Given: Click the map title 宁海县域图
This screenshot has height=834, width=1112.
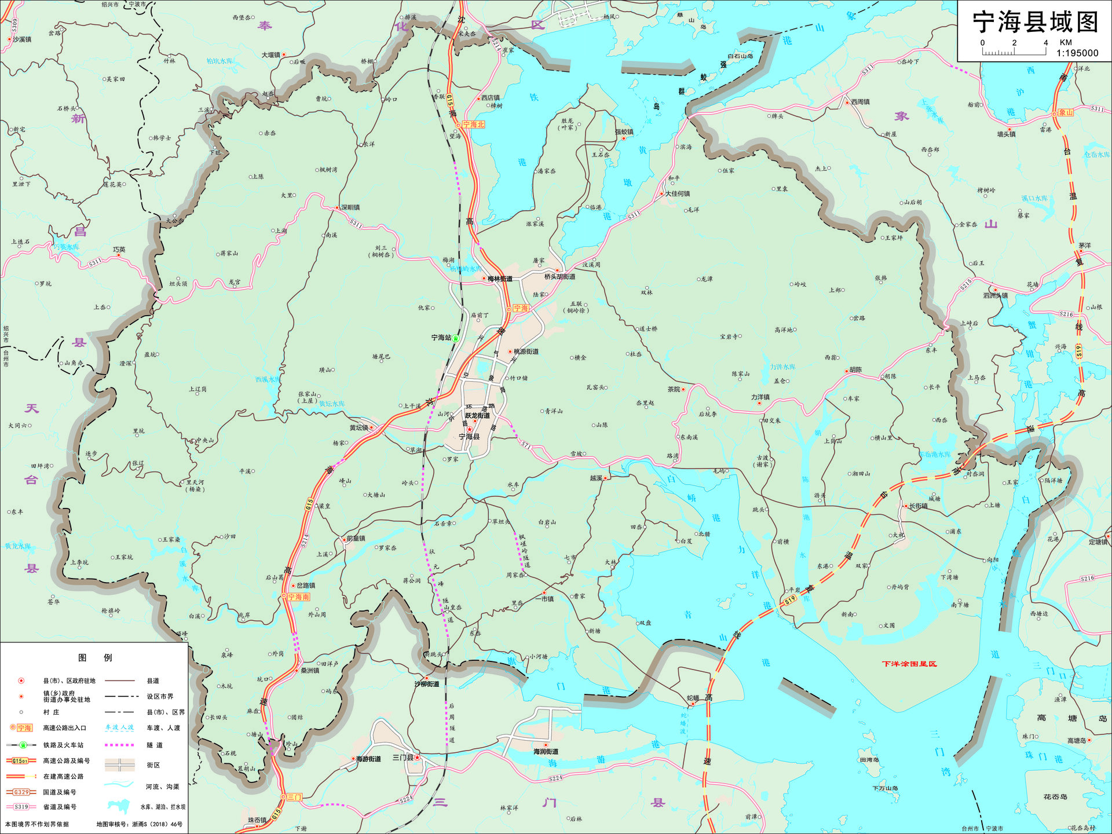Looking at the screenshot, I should pyautogui.click(x=1034, y=22).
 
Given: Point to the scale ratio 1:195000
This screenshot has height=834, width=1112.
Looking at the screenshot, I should pyautogui.click(x=1077, y=53).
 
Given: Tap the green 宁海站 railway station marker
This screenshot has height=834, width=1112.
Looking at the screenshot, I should pyautogui.click(x=456, y=338).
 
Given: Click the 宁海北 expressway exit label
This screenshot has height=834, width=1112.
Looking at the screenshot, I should pyautogui.click(x=473, y=125).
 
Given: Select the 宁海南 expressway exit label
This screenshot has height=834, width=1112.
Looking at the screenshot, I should pyautogui.click(x=298, y=597).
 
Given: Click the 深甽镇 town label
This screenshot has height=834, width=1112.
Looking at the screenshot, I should pyautogui.click(x=350, y=207).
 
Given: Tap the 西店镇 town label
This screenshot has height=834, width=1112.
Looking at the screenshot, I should pyautogui.click(x=490, y=97).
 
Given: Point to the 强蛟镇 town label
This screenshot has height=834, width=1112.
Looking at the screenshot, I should pyautogui.click(x=624, y=131).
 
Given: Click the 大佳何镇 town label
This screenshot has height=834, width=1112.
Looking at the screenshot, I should pyautogui.click(x=677, y=193).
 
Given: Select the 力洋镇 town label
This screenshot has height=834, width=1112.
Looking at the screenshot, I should pyautogui.click(x=760, y=397).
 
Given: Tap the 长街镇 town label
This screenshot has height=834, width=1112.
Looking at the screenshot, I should pyautogui.click(x=918, y=506).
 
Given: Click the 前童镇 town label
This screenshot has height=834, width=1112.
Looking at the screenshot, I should pyautogui.click(x=356, y=538).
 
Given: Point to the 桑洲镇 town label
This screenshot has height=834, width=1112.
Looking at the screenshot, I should pyautogui.click(x=310, y=670).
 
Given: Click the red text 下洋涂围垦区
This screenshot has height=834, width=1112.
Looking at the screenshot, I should pyautogui.click(x=909, y=664).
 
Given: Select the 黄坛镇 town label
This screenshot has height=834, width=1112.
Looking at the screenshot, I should pyautogui.click(x=359, y=427).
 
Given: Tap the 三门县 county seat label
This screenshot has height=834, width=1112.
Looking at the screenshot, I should pyautogui.click(x=403, y=758).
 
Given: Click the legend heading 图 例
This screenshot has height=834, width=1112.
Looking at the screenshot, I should pyautogui.click(x=95, y=657).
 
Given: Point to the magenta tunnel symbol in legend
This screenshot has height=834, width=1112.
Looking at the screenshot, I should pyautogui.click(x=119, y=745).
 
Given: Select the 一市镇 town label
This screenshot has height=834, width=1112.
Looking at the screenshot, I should pyautogui.click(x=547, y=599).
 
